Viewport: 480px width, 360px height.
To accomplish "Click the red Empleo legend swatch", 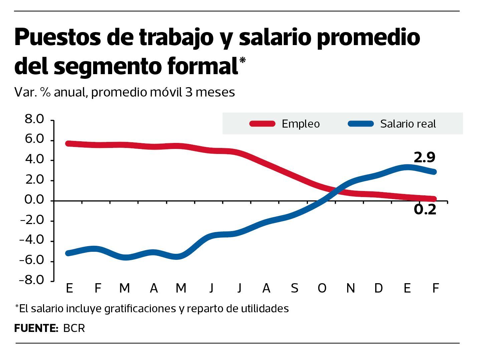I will coord(262,124).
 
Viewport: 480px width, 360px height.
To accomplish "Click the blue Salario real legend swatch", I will coord(361,124).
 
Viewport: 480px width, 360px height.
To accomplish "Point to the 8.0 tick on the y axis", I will coord(34,119).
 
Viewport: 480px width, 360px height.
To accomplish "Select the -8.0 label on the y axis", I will coord(32,280).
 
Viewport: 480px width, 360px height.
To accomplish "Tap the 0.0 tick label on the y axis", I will coord(34,200).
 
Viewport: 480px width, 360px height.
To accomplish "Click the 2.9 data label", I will coord(424,157).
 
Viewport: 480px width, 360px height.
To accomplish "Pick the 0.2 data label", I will coord(425,210).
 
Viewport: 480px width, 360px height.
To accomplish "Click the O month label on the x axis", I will coord(322,288).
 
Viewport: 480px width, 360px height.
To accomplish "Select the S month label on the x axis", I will coord(294,288).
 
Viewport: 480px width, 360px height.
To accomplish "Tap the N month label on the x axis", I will coord(350,288).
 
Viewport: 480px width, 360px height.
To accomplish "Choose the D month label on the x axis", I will coord(378,288).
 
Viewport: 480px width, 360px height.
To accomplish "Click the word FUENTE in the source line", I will coord(36,328).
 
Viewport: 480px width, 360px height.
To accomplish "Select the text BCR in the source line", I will coord(74,328).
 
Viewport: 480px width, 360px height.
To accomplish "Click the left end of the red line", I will coord(68,144).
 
